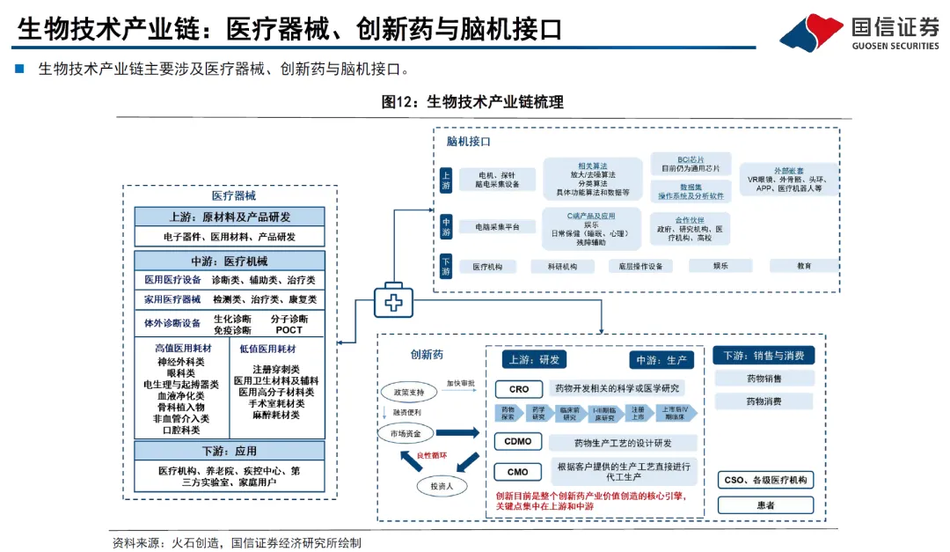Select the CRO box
tap(519, 389)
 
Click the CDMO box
tap(519, 442)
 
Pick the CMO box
tap(519, 473)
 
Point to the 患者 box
tap(764, 505)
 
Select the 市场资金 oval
tap(406, 432)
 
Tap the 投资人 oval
tap(442, 485)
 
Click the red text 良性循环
tap(431, 456)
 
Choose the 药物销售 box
tap(764, 379)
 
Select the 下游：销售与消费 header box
tap(764, 356)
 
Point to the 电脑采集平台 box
tap(497, 227)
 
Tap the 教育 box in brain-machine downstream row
tap(804, 266)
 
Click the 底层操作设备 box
tap(639, 266)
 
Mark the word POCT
tap(289, 330)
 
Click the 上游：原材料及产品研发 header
tap(230, 217)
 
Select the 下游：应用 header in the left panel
tap(230, 451)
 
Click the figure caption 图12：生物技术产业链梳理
tap(473, 102)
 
